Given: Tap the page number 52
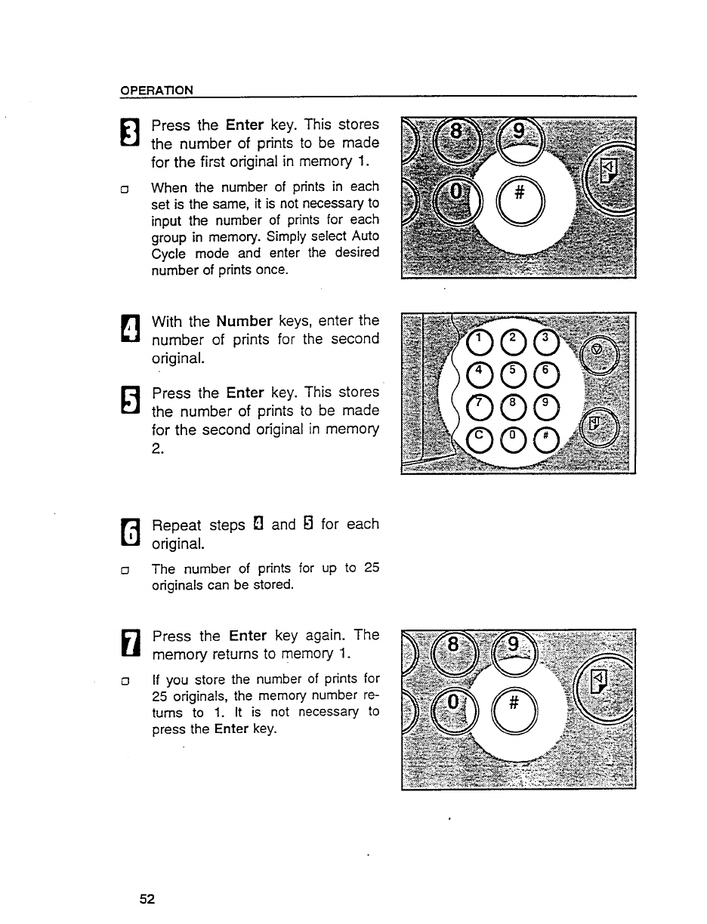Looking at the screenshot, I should (147, 898).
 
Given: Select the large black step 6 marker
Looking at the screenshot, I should (131, 533).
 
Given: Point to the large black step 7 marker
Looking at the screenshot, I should (131, 645).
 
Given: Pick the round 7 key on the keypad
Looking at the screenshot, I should (478, 406).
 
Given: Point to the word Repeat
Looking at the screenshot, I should (177, 525).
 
